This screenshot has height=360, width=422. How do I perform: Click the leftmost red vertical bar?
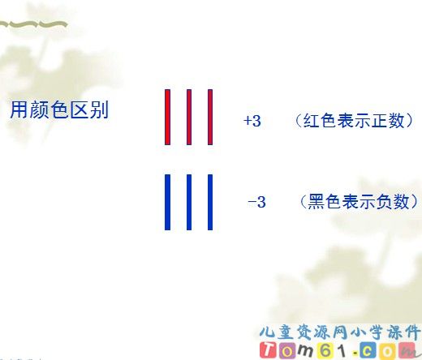coord(168,117)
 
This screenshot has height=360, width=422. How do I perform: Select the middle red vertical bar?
coord(189,117)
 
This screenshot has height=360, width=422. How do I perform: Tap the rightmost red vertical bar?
coord(210,117)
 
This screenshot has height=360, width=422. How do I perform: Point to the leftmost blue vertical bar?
coord(168,202)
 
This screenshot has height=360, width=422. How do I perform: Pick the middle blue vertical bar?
coord(189,202)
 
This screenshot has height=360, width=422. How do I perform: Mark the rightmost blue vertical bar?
coord(210,202)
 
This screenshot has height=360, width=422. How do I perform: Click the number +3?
coord(252,121)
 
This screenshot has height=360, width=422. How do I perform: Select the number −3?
coord(256,202)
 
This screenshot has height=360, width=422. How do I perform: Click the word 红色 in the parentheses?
coord(318,121)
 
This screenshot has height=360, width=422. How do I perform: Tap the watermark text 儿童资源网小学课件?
coord(339,332)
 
